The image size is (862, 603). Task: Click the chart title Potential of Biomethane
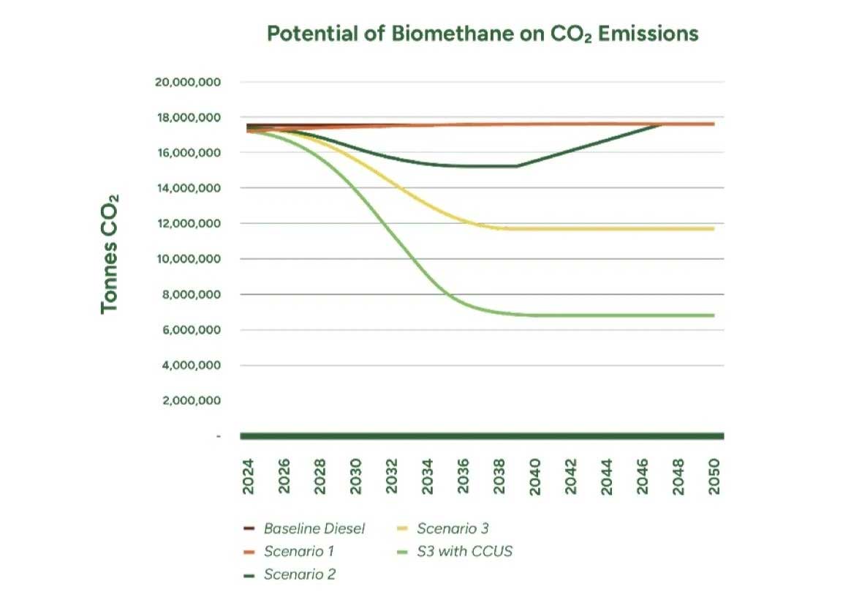pos(483,34)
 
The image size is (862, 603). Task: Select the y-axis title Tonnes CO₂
pos(110,254)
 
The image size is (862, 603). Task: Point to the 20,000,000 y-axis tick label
pos(188,82)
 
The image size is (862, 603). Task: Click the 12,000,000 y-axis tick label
pos(188,224)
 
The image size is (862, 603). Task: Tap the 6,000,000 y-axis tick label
pos(188,330)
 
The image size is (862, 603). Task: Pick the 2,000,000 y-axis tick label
pos(188,401)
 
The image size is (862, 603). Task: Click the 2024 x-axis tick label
pos(249,476)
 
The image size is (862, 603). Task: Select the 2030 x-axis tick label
pos(356,476)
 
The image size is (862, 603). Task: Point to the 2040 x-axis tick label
pos(535,476)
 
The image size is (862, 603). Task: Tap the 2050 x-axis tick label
pos(714,476)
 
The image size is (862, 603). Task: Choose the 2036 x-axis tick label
pos(464,476)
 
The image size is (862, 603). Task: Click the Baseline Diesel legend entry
pos(314,528)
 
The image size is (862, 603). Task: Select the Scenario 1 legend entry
pos(299,551)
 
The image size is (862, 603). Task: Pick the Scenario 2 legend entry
pos(299,574)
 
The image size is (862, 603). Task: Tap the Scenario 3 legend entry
pos(452,528)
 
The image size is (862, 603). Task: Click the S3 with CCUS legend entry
pos(464,551)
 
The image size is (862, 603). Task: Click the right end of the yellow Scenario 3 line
pos(713,229)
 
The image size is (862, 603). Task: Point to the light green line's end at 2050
pos(713,315)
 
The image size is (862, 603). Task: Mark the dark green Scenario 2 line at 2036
pos(464,165)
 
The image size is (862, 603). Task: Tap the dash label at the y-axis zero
pos(218,437)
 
